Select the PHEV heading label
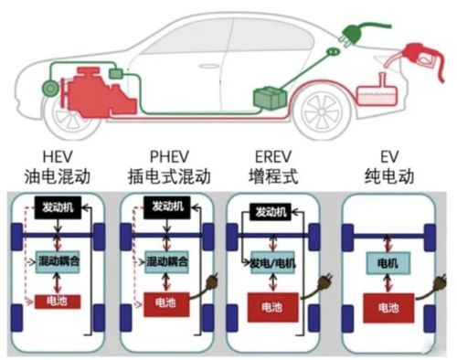point(158,154)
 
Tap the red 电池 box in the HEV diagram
point(58,301)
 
